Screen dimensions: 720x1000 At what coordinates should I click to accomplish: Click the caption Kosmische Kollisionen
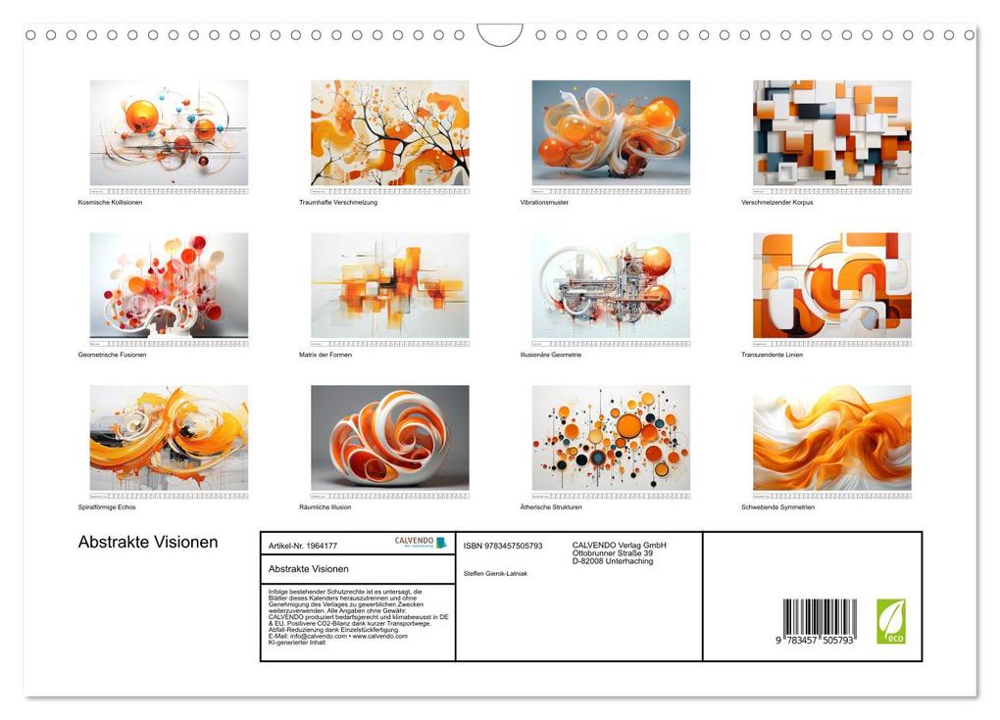tap(110, 202)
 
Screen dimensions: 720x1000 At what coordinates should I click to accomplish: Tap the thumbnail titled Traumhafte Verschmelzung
tap(389, 132)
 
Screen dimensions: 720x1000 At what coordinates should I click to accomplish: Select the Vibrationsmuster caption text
tap(544, 202)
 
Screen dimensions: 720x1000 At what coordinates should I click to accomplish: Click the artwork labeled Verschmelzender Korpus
tap(831, 132)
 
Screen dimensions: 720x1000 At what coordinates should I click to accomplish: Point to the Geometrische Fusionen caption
tap(112, 355)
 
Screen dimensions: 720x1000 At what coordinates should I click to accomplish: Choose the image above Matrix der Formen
tap(389, 285)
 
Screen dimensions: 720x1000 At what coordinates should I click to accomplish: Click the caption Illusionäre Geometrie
tap(550, 355)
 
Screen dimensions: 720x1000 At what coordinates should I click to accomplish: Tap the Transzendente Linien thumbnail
tap(831, 285)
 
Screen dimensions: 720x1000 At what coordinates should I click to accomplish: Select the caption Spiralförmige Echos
tap(108, 506)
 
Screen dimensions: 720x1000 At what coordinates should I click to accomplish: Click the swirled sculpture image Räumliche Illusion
tap(389, 437)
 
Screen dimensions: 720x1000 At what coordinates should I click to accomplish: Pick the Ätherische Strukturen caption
tap(551, 506)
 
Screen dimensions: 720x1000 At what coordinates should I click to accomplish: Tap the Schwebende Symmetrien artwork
tap(831, 437)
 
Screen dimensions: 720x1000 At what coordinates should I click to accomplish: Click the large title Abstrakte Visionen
tap(148, 543)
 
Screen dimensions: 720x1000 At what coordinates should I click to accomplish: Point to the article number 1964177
tap(303, 546)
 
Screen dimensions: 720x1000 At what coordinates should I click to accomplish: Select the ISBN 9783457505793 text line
tap(503, 546)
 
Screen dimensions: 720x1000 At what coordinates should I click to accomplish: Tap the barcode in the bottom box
tap(820, 622)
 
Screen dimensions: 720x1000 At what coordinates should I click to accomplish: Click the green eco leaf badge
tap(890, 621)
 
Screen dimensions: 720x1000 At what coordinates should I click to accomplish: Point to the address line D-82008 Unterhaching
tap(613, 561)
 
